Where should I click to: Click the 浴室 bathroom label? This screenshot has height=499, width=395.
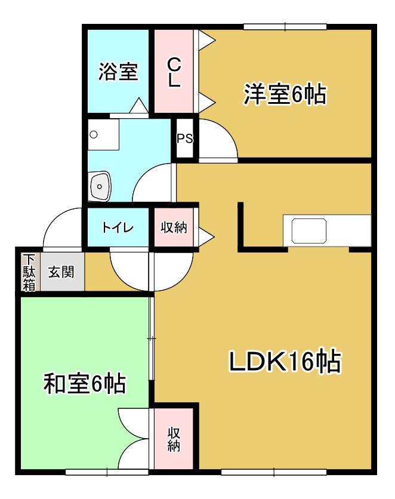(118, 72)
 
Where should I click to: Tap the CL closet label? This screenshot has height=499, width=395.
(174, 72)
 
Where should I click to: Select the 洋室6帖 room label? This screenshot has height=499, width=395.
(285, 94)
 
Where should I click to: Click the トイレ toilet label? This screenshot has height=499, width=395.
(117, 227)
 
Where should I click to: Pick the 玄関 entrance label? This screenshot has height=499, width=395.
(61, 273)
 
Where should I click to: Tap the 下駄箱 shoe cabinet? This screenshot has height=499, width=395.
(29, 273)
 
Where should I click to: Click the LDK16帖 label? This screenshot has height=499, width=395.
(285, 362)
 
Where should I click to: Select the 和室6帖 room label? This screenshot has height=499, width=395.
(85, 383)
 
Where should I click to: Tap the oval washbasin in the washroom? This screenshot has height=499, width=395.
(100, 186)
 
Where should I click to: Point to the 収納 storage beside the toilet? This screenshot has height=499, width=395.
(174, 227)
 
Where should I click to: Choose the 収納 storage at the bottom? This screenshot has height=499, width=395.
(174, 439)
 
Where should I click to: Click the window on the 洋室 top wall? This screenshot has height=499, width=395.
(285, 26)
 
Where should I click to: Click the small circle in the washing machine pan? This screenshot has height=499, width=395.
(93, 134)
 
